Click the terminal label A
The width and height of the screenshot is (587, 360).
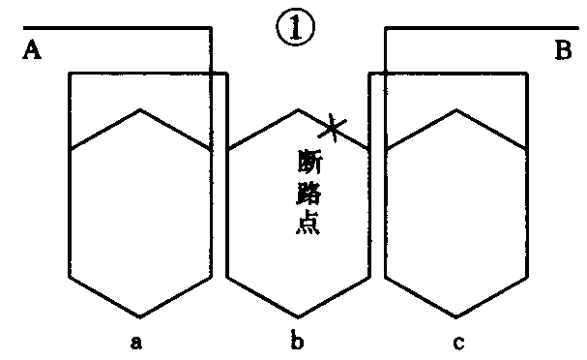[x=31, y=51]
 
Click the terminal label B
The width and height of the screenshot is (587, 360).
[x=563, y=51]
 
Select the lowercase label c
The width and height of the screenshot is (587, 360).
[x=457, y=341]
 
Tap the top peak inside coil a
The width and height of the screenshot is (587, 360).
[x=141, y=109]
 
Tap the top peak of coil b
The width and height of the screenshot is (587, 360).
[x=299, y=109]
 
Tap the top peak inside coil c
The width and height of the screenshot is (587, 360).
[x=456, y=109]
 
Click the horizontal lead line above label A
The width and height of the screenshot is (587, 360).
[x=106, y=26]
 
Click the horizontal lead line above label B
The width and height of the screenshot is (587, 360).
[x=484, y=28]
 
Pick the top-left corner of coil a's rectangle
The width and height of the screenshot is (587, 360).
[x=70, y=73]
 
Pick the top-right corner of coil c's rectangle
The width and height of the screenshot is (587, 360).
[x=528, y=73]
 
